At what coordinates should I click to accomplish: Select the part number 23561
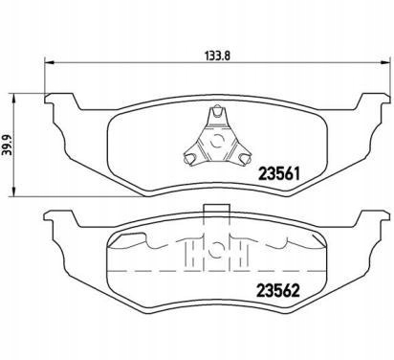pyautogui.click(x=279, y=173)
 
